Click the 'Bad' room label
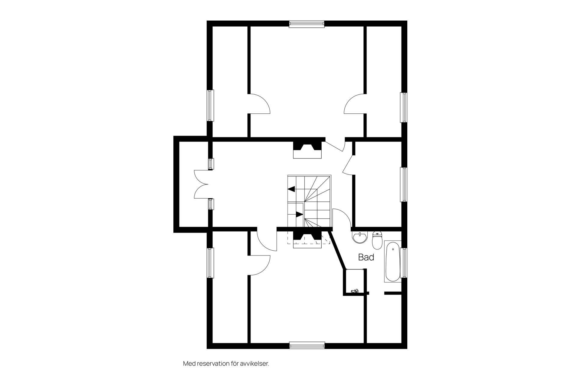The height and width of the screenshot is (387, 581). tap(366, 257)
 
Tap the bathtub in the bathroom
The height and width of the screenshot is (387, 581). tap(393, 262)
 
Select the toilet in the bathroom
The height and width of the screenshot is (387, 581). tap(377, 240)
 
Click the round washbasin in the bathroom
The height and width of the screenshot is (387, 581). tap(360, 237)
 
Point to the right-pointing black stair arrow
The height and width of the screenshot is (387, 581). tap(300, 214)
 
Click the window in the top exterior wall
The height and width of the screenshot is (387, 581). tap(307, 24)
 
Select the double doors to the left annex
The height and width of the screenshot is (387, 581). tap(200, 184)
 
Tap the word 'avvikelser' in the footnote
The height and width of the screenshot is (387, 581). tap(254, 364)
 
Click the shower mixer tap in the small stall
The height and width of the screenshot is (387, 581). tap(354, 291)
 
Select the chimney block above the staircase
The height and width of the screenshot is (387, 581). tap(307, 150)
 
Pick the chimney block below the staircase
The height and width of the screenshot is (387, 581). tap(307, 239)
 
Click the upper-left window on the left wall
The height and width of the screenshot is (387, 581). tap(210, 106)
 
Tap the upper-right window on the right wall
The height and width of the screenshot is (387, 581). tap(403, 107)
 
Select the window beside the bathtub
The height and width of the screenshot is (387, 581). tap(403, 263)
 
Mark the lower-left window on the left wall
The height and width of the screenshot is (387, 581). tap(210, 263)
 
